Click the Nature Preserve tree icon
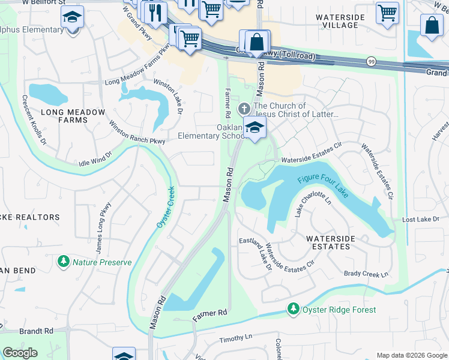point(63,262)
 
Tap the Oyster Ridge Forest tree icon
point(293,309)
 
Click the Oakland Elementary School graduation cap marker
point(255,128)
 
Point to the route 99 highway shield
point(372,61)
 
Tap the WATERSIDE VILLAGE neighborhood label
point(340,22)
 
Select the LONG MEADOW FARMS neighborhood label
point(65,116)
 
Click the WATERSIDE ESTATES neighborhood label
point(328,242)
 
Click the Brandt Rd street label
point(35,331)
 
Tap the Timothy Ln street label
point(236,338)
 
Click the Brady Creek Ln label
point(366,274)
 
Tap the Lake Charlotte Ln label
point(312,204)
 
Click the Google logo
point(20,353)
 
